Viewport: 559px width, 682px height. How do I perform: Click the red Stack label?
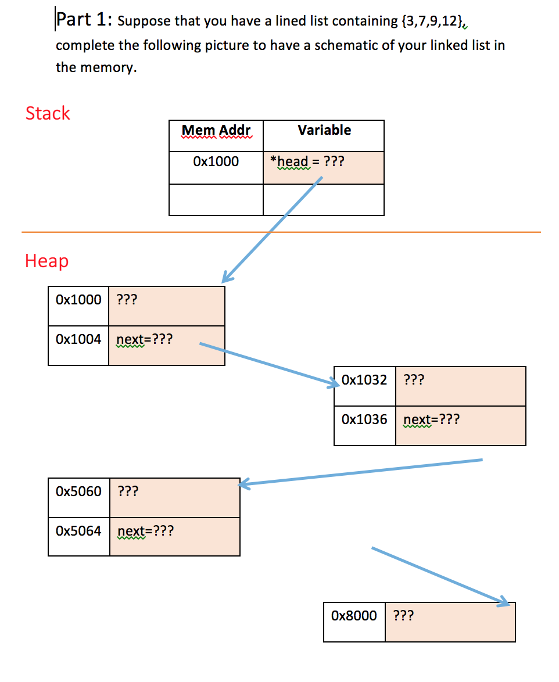(x=48, y=113)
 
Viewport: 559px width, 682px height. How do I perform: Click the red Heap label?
(x=46, y=261)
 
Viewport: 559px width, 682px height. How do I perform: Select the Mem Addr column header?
(x=216, y=131)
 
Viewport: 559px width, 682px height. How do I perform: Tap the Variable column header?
(x=324, y=131)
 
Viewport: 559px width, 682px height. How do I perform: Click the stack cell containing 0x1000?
(x=216, y=162)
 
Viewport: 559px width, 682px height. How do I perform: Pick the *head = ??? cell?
(x=324, y=162)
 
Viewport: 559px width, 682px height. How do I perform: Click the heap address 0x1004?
(x=78, y=339)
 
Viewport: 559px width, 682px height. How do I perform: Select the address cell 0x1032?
(x=364, y=381)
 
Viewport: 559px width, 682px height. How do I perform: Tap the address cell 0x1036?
(x=364, y=419)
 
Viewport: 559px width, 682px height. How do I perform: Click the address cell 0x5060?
(x=78, y=492)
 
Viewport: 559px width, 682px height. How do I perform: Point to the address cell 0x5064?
(x=78, y=531)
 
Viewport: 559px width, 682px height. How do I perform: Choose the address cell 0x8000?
(x=354, y=616)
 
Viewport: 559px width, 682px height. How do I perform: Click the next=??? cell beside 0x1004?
(x=166, y=345)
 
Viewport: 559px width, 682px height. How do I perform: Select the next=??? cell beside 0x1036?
(x=460, y=425)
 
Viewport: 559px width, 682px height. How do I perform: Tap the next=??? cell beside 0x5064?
(x=174, y=536)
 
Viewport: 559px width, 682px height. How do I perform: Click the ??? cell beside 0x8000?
(x=450, y=622)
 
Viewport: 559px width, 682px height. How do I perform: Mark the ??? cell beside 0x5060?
(x=174, y=497)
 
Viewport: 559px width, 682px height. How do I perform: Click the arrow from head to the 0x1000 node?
(x=272, y=229)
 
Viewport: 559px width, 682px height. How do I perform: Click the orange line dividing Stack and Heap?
(x=407, y=232)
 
